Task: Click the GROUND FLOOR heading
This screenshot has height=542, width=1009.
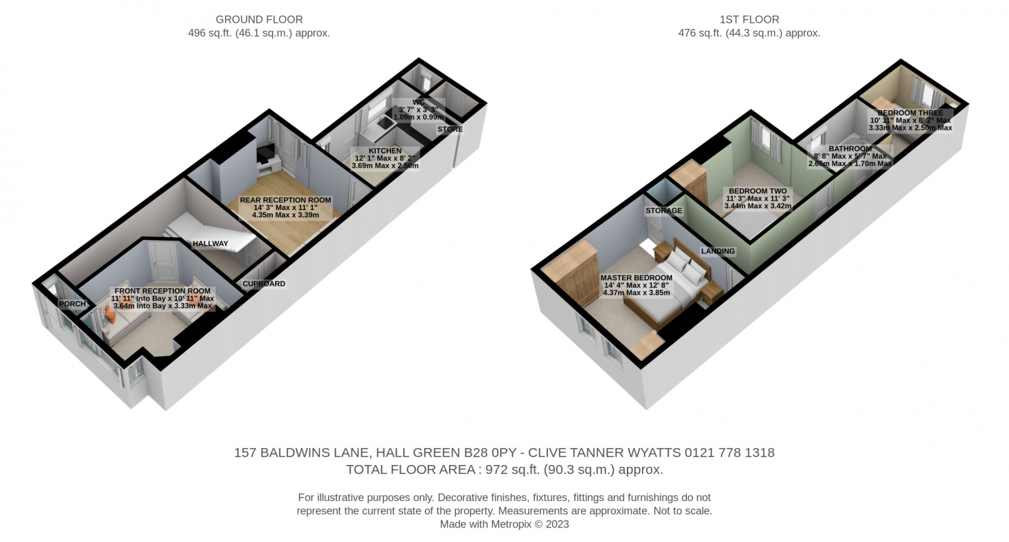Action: pos(259,20)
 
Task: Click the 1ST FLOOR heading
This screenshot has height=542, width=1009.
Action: pos(749,20)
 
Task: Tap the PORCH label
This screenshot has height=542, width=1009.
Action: pos(73,304)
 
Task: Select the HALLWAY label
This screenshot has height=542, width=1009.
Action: pos(211,244)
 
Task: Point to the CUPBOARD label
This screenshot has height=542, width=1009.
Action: pos(264,284)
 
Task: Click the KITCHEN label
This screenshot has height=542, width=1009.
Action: pos(385,151)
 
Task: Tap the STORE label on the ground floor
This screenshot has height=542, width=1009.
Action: pos(450,129)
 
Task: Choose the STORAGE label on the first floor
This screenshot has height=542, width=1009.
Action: pos(663,211)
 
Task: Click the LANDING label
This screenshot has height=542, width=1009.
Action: pos(718,251)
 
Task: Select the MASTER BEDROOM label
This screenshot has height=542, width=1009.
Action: pos(636,278)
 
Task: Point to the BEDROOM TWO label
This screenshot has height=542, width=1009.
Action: pos(757,191)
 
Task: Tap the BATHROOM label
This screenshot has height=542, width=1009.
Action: pos(850,149)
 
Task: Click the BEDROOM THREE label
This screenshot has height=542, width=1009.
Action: pos(910,113)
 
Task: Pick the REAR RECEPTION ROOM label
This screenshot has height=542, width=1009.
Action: pos(285,201)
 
